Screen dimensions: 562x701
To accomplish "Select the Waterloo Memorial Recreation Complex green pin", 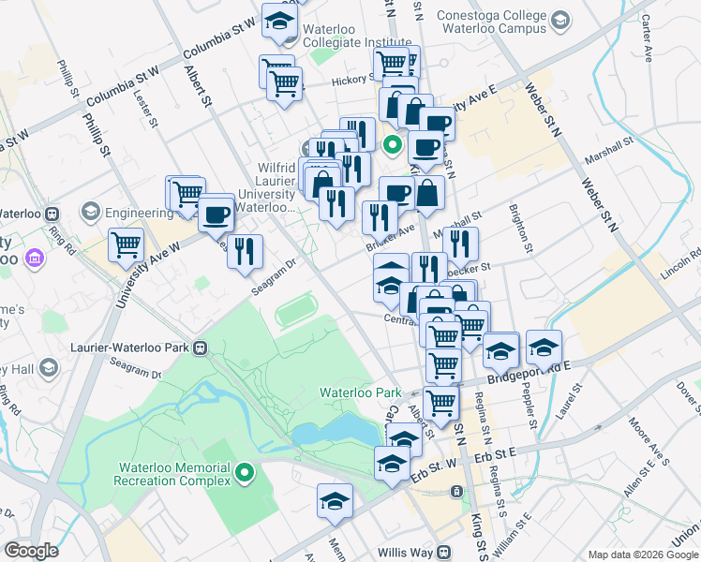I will [246, 474].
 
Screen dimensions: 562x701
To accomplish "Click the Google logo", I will [31, 552].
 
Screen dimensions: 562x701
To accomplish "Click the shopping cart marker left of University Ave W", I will [126, 246].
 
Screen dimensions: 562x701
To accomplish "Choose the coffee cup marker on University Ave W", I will [216, 214].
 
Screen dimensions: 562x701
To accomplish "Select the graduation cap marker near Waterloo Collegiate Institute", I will [278, 22].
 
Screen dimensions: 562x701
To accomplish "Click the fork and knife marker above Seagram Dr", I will [245, 251].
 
